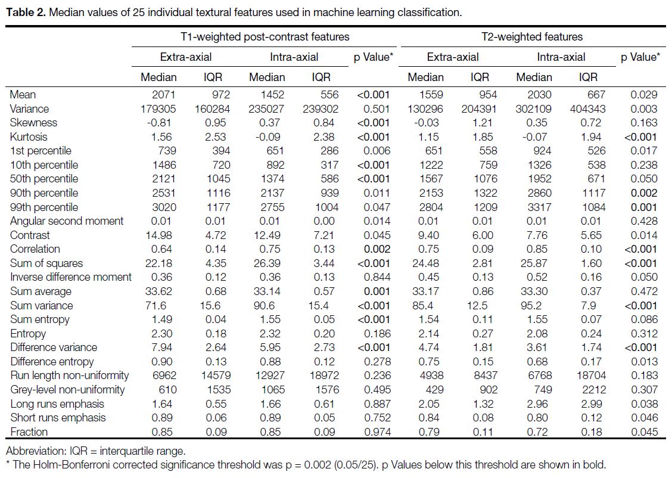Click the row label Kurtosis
[28, 136]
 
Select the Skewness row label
[33, 123]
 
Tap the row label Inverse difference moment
[71, 277]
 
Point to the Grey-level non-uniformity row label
[67, 390]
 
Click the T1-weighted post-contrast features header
[265, 37]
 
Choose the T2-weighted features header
[532, 37]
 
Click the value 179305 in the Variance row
[158, 109]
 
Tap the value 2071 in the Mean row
[164, 95]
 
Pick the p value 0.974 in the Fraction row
[377, 432]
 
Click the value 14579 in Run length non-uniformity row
[216, 375]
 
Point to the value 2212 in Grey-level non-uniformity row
[594, 390]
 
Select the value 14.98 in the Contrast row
[159, 235]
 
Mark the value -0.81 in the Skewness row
[159, 123]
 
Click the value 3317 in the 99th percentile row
[539, 207]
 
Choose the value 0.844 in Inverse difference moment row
[377, 277]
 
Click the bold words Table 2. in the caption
[26, 13]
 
